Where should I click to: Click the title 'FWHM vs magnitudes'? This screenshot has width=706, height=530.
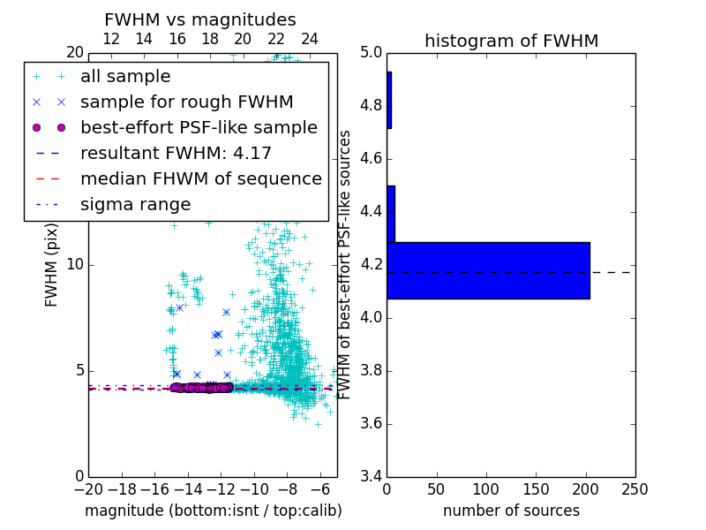(200, 20)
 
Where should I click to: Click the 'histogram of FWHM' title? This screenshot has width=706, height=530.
(511, 41)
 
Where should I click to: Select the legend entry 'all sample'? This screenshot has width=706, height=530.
(125, 77)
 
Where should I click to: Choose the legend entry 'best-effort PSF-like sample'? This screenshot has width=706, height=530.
(199, 127)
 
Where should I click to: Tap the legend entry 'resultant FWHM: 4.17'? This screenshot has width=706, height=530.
(176, 153)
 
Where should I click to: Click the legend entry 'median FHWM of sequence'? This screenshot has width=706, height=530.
(200, 178)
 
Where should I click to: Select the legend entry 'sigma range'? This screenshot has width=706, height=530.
(135, 204)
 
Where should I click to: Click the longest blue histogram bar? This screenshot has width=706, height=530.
(488, 270)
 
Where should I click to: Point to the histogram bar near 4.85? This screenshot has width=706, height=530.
(389, 101)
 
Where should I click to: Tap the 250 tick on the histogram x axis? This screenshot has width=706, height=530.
(635, 488)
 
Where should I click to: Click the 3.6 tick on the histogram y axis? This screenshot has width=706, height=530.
(371, 423)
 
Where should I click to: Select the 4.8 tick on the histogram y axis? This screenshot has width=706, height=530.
(371, 106)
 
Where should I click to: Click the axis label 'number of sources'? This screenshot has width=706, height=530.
(511, 511)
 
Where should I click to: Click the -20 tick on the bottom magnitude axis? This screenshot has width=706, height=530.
(88, 488)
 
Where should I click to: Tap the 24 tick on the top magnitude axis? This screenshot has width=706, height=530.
(309, 40)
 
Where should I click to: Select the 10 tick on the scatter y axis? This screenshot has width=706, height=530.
(74, 264)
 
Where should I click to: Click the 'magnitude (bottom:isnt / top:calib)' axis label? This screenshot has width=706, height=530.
(213, 511)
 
